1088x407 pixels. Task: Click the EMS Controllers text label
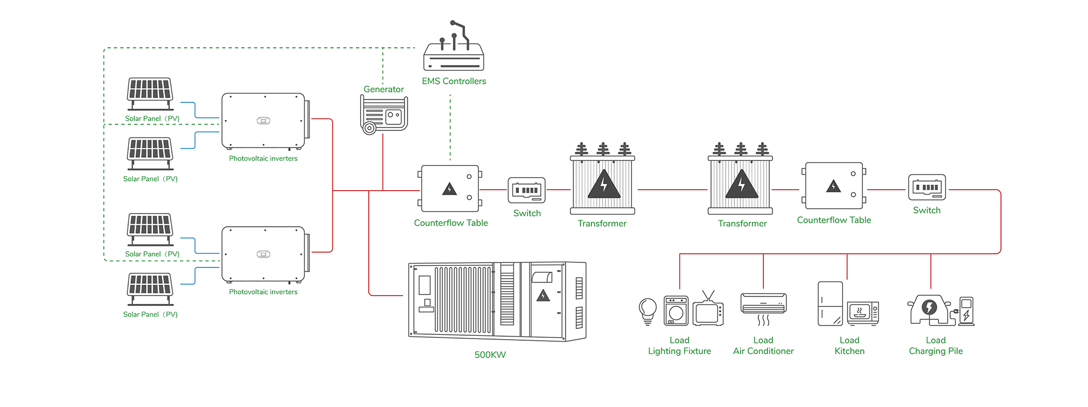[x=454, y=81]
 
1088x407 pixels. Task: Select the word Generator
[x=384, y=89]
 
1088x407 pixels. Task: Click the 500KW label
[x=490, y=355]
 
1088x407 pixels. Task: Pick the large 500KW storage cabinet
[x=497, y=301]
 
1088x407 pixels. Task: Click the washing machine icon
[x=676, y=311]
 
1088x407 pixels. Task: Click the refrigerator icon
[x=830, y=303]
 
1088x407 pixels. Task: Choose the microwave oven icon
[x=863, y=314]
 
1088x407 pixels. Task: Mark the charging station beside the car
[x=966, y=311]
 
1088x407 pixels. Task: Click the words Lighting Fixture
[x=679, y=351]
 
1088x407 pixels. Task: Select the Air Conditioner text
[x=763, y=351]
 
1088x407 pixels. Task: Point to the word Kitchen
[x=849, y=351]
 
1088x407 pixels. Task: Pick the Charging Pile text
[x=936, y=351]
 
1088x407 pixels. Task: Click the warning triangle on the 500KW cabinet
[x=543, y=296]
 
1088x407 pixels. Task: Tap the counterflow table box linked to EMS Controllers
[x=450, y=189]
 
